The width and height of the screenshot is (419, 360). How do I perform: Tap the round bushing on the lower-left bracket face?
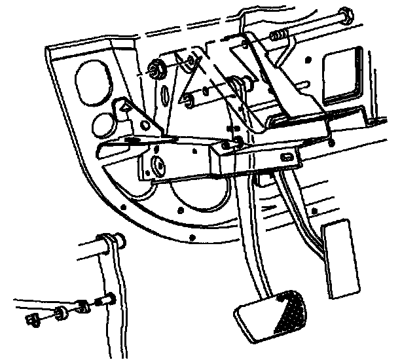click(158, 166)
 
